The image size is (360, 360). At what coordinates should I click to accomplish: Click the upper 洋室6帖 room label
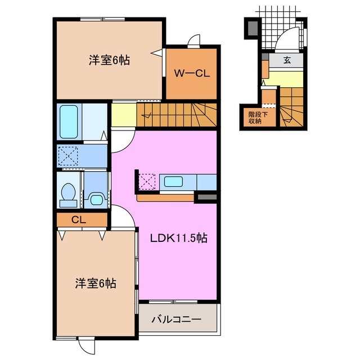click(109, 60)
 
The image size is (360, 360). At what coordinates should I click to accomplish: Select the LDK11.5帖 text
click(179, 238)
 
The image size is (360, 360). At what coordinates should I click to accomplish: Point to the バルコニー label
click(177, 319)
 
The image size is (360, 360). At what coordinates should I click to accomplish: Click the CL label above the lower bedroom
click(78, 220)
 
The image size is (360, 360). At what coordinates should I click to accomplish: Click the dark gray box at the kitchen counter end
click(206, 197)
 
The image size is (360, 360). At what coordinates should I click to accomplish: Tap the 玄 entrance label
click(287, 60)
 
